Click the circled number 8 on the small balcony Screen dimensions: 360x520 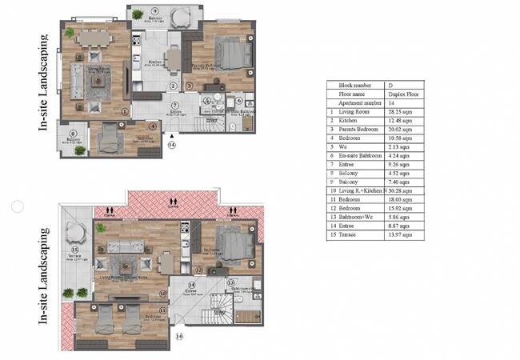[x=73, y=134]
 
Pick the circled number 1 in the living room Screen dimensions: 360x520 [x=124, y=112]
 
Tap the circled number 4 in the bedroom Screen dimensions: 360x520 [x=153, y=125]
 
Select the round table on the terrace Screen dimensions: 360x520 [x=74, y=237]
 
